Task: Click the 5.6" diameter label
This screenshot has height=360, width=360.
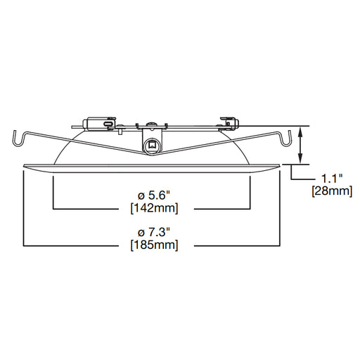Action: [x=154, y=195]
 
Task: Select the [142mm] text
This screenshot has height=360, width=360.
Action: [x=154, y=208]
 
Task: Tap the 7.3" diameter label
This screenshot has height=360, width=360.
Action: [x=154, y=233]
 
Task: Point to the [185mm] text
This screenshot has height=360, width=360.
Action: [x=154, y=245]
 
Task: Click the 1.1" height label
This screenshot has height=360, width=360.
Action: [x=332, y=179]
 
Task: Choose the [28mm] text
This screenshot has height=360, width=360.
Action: [x=332, y=191]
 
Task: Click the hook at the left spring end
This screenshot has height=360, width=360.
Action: [x=19, y=139]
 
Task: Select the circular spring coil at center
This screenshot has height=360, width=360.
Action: [x=152, y=146]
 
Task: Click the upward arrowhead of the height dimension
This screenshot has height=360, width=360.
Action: [x=300, y=132]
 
